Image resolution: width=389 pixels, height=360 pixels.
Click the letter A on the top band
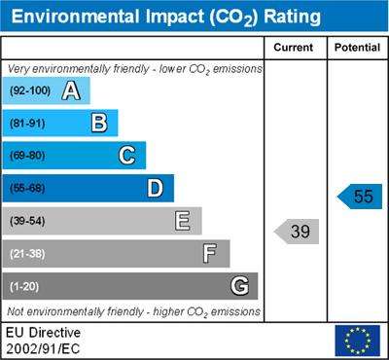pyautogui.click(x=71, y=90)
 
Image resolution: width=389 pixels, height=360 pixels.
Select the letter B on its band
pyautogui.click(x=99, y=124)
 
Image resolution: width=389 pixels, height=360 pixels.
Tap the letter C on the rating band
pyautogui.click(x=126, y=156)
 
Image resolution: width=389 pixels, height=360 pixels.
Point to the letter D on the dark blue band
pyautogui.click(x=156, y=189)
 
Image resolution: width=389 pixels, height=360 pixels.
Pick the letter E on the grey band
pyautogui.click(x=183, y=221)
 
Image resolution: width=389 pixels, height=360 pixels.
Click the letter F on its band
pyautogui.click(x=210, y=254)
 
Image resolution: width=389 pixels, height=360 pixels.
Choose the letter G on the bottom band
pyautogui.click(x=240, y=286)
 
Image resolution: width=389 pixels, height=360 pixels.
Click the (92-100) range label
pyautogui.click(x=30, y=90)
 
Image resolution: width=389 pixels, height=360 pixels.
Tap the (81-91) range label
pyautogui.click(x=27, y=124)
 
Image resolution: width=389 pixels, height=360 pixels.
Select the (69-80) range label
pyautogui.click(x=27, y=156)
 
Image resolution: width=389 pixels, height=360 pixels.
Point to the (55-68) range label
pyautogui.click(x=27, y=189)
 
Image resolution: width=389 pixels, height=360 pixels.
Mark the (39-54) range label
pyautogui.click(x=27, y=221)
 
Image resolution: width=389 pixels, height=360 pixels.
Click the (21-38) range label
pyautogui.click(x=27, y=254)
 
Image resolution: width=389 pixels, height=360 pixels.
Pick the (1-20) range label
pyautogui.click(x=24, y=287)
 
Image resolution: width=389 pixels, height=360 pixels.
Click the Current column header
pyautogui.click(x=294, y=48)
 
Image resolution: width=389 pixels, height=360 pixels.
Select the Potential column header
pyautogui.click(x=357, y=48)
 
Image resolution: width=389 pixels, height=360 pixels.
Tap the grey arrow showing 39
pyautogui.click(x=297, y=232)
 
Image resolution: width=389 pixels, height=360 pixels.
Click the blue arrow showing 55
pyautogui.click(x=360, y=197)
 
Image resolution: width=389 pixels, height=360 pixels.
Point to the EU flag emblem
pyautogui.click(x=358, y=341)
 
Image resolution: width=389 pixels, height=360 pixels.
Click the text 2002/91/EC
pyautogui.click(x=43, y=349)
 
